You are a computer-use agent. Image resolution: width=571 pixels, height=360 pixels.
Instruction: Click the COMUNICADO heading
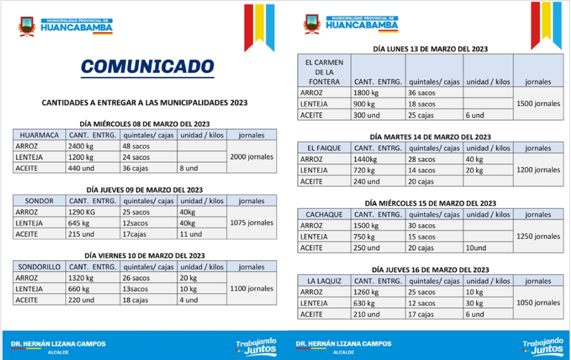pos(147,67)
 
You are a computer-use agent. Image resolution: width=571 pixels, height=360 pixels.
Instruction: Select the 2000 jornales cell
pos(251,157)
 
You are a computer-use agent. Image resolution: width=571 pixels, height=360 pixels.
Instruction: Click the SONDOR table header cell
pos(39,201)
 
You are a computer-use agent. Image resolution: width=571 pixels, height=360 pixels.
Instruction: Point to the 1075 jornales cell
pos(251,223)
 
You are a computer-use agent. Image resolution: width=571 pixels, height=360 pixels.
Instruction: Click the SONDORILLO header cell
pos(39,267)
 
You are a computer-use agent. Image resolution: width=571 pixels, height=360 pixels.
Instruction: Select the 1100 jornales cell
pos(251,289)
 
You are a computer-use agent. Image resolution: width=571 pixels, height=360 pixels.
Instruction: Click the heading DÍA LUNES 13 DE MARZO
pos(430,49)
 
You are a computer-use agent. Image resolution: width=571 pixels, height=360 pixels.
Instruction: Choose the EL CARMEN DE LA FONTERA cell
pos(324,72)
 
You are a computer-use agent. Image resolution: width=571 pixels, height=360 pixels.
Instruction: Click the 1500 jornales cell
pos(538,103)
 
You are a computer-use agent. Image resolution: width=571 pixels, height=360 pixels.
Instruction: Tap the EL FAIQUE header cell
pos(324,149)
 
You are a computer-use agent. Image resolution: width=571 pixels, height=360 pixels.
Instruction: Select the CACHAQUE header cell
pos(324,215)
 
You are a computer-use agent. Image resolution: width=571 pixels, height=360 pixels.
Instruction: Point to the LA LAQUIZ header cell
pos(324,281)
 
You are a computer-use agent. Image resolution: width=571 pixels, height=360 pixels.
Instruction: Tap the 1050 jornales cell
pos(538,303)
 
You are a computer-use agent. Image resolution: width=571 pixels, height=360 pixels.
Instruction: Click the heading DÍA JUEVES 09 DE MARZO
pos(145,190)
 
